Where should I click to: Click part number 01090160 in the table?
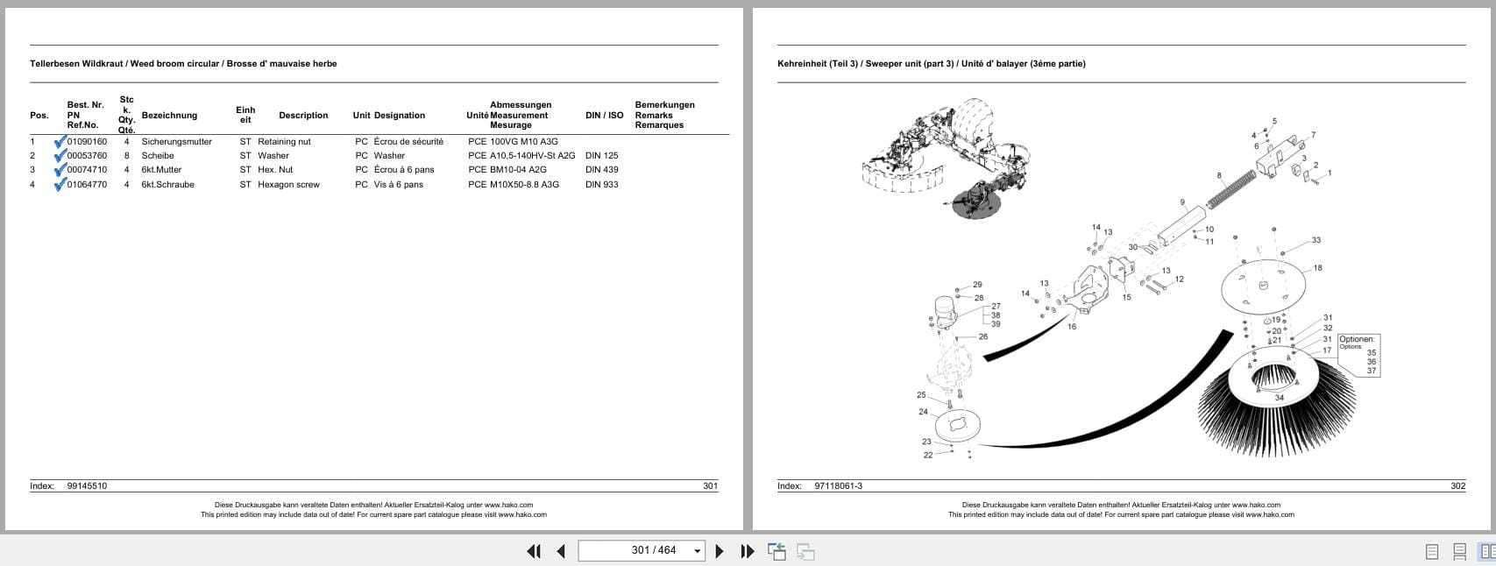[87, 142]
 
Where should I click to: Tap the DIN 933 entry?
[601, 185]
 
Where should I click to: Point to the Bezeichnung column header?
[169, 116]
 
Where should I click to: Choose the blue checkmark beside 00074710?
[60, 170]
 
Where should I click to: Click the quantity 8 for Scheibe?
[126, 156]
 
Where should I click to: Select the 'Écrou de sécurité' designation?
[408, 142]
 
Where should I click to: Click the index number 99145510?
[87, 486]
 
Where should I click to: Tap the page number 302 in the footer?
[1457, 486]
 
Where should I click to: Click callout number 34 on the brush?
[1279, 398]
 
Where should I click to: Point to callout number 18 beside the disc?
[1317, 268]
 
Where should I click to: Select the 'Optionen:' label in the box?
[1357, 339]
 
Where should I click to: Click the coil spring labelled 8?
[1235, 190]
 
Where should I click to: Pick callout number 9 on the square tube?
[1182, 203]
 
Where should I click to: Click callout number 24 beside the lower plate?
[923, 412]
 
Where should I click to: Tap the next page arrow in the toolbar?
[720, 551]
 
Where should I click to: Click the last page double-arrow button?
[747, 551]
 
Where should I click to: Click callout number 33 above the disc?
[1315, 240]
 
